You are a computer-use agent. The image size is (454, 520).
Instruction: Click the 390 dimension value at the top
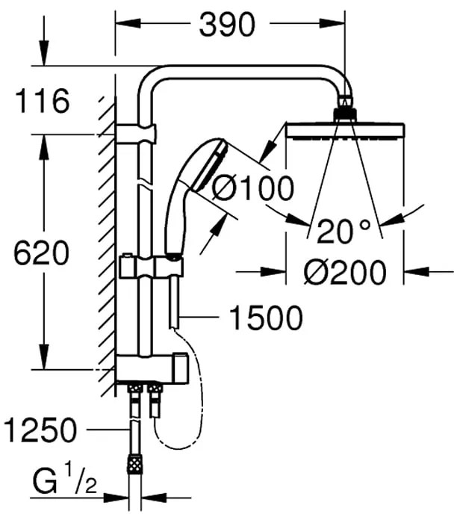click(x=227, y=24)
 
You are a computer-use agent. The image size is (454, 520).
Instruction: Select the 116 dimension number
click(x=43, y=100)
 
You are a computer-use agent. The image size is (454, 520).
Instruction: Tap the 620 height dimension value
click(x=41, y=253)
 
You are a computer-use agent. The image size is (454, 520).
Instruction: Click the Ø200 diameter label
click(x=345, y=272)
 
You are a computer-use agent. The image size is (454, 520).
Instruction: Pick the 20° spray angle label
click(x=343, y=230)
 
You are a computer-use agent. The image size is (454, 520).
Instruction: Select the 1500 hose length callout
click(x=266, y=318)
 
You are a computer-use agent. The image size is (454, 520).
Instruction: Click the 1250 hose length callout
click(x=40, y=430)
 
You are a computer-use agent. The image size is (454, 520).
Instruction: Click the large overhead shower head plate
click(x=345, y=130)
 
